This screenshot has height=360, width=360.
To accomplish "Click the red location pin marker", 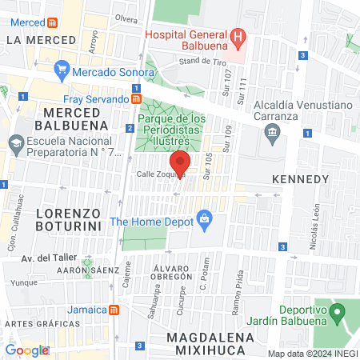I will pos(180,162).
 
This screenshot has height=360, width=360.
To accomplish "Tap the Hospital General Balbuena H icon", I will pos(238,37).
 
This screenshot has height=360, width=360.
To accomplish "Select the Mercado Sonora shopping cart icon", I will pos(62,70).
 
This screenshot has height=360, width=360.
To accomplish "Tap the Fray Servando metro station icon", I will pos(137,99).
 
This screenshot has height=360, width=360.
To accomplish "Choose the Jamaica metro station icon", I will pos(115,310).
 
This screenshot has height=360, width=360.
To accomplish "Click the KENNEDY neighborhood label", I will pos(299,178).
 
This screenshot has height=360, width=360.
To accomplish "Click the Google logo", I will pos(26,350).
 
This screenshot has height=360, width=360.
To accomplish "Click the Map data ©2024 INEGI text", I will pos(312,354).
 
